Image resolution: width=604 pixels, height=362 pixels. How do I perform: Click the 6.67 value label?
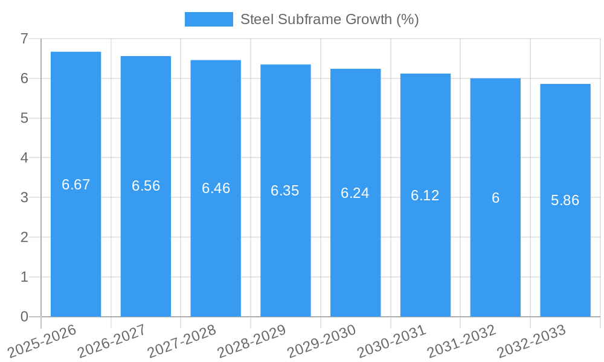click(75, 185)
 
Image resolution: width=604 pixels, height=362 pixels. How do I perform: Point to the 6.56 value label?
click(146, 186)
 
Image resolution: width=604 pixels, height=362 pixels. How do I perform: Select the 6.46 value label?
click(216, 188)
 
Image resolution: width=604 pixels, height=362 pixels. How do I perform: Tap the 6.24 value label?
click(355, 193)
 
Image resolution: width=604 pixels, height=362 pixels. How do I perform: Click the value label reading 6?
click(495, 198)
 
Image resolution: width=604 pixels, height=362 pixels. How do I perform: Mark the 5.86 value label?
click(565, 201)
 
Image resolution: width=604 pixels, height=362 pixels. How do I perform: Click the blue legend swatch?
click(208, 19)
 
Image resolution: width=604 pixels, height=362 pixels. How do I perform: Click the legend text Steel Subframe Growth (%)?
click(329, 19)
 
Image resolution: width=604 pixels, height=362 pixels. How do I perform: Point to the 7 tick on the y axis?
click(24, 39)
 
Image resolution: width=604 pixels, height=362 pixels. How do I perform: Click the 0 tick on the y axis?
click(24, 317)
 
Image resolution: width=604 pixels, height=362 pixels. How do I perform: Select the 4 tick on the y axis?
click(24, 158)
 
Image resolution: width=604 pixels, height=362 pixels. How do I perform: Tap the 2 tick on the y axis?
click(24, 237)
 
